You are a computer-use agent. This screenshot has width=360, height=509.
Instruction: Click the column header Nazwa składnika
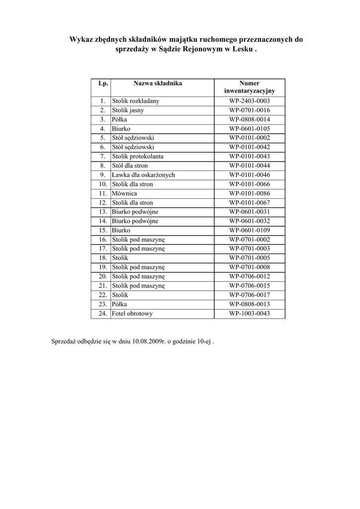point(158,84)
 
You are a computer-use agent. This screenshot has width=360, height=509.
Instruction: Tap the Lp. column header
point(103,84)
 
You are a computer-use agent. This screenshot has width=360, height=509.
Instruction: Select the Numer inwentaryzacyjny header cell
point(249,87)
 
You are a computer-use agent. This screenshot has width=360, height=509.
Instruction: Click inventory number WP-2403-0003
point(249,101)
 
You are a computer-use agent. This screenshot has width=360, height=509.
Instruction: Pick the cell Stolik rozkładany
point(136,101)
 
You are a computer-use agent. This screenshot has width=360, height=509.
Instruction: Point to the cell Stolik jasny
point(128,110)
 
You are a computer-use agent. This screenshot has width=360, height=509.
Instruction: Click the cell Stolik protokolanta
point(138,157)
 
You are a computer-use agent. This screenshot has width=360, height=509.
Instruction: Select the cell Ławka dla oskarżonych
point(143,175)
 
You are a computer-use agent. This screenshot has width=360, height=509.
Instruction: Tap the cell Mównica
point(124,193)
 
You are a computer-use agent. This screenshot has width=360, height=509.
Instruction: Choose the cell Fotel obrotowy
point(132,314)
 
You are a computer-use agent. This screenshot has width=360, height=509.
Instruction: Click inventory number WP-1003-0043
point(249,314)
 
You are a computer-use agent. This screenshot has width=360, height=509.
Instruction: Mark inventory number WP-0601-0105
point(249,129)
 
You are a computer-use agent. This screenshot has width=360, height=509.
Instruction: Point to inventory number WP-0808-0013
point(249,305)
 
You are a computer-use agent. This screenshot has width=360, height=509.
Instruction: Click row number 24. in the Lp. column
point(103,314)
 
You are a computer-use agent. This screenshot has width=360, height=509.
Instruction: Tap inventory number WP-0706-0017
point(249,295)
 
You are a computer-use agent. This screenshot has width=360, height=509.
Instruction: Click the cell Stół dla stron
point(130,166)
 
